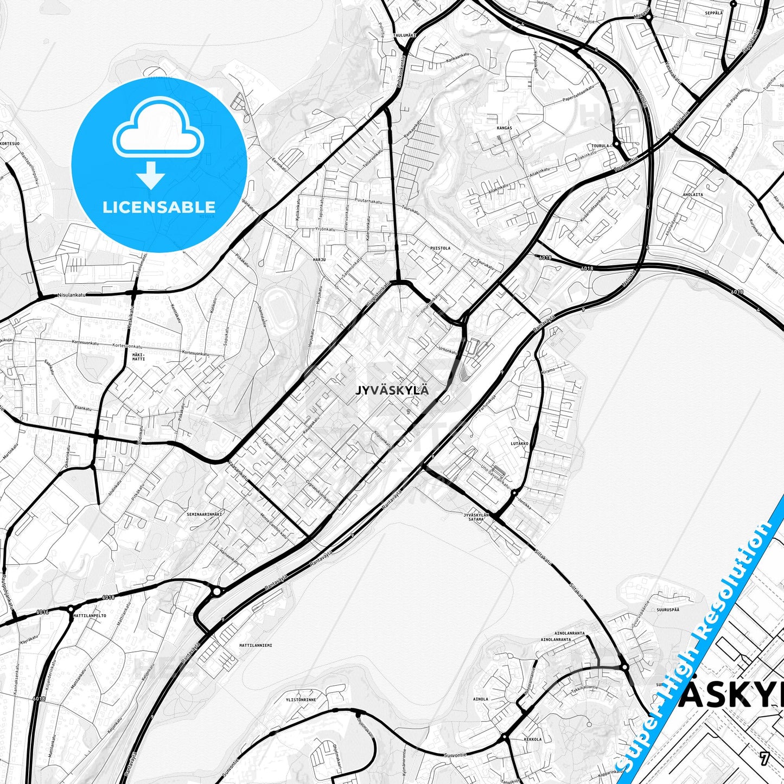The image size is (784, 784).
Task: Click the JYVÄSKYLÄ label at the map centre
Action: tap(392, 390)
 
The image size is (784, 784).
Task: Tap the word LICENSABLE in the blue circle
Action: tap(159, 207)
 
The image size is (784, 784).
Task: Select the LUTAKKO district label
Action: tap(519, 443)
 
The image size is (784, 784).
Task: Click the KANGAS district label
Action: tap(504, 128)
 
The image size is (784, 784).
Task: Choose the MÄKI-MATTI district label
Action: tap(139, 356)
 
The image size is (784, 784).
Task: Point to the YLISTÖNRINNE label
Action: tap(301, 700)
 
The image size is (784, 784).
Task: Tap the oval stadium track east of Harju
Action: tap(278, 307)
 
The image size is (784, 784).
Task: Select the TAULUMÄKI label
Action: tap(404, 35)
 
